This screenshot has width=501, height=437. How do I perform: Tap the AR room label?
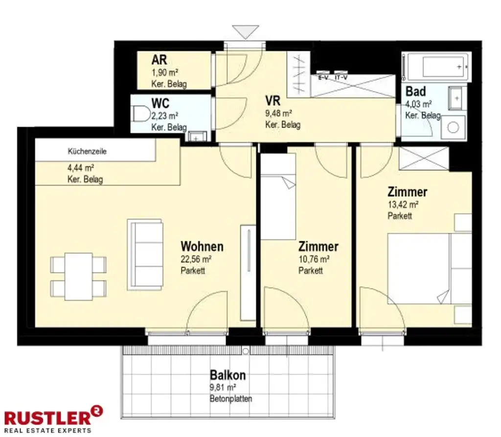click(x=159, y=60)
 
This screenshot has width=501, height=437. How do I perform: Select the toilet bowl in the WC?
click(x=141, y=114)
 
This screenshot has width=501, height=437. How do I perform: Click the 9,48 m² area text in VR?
click(x=278, y=113)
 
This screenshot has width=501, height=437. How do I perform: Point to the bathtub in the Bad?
click(x=436, y=67)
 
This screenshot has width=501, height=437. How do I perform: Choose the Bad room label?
click(x=415, y=92)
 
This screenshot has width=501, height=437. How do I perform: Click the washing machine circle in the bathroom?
click(x=453, y=127)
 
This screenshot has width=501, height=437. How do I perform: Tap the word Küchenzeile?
click(x=87, y=151)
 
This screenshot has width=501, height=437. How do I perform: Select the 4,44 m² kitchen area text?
click(x=81, y=167)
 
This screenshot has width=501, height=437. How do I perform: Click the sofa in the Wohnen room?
click(x=145, y=255)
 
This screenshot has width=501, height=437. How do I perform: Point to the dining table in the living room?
click(x=79, y=276)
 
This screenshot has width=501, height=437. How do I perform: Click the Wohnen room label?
click(x=202, y=247)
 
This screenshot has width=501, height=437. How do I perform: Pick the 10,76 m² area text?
click(x=314, y=258)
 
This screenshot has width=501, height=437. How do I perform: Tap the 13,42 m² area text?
click(x=403, y=204)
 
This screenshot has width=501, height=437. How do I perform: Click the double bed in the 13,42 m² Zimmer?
click(x=429, y=269)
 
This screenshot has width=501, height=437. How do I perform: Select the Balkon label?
click(x=228, y=375)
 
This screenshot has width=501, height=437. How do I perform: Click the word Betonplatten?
click(x=231, y=399)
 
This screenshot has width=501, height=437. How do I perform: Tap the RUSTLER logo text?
click(x=48, y=418)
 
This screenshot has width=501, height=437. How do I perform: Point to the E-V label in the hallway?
click(x=323, y=78)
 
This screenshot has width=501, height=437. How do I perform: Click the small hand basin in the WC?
click(x=196, y=137)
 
